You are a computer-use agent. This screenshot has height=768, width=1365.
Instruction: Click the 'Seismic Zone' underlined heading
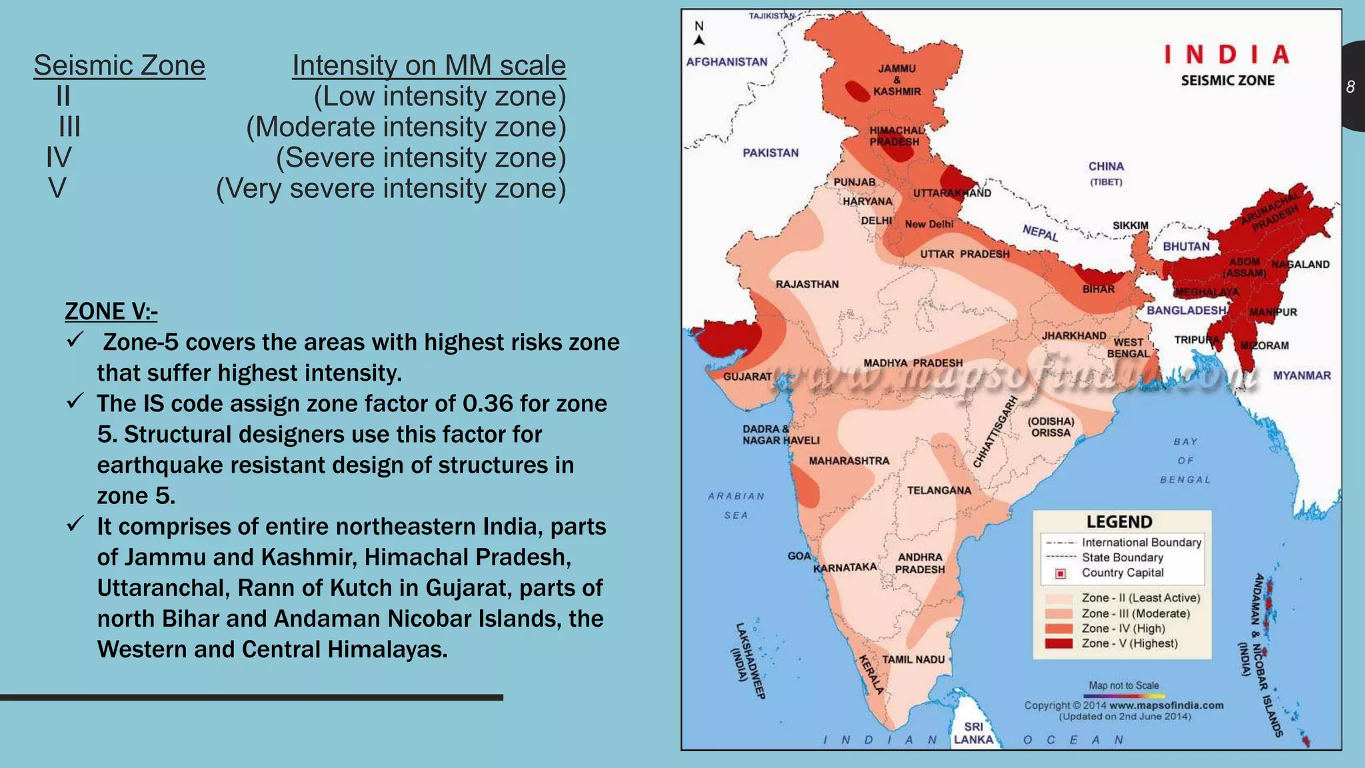[119, 65]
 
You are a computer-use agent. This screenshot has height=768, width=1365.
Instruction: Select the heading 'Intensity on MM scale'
[429, 65]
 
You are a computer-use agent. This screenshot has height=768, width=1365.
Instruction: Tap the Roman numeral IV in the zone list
[59, 157]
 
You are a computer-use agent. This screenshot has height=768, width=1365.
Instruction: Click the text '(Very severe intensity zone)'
[391, 188]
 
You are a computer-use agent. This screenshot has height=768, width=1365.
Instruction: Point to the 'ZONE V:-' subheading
[111, 311]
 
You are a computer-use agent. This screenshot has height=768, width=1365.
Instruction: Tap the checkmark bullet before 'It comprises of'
[75, 524]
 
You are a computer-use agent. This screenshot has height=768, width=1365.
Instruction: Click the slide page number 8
[1350, 87]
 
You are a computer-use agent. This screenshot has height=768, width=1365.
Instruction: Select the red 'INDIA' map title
[1227, 55]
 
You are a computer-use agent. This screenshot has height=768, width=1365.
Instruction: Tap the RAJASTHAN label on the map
[807, 284]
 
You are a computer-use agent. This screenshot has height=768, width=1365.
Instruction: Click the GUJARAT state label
[747, 377]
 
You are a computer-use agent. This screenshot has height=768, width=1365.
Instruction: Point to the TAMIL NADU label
[913, 659]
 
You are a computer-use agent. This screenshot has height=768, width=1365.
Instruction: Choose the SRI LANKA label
[973, 733]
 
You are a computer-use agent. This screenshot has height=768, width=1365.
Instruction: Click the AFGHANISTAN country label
[726, 62]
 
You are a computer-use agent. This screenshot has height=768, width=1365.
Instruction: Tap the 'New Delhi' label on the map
[928, 224]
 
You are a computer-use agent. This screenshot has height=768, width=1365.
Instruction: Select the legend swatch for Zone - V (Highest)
[1058, 643]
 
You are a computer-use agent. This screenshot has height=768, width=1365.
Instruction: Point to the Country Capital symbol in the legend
[1060, 573]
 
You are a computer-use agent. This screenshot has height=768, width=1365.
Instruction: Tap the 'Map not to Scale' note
[1124, 685]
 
